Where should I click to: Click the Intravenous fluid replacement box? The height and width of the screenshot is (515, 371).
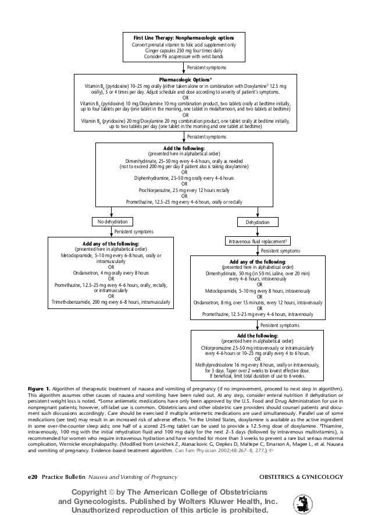click(x=256, y=241)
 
